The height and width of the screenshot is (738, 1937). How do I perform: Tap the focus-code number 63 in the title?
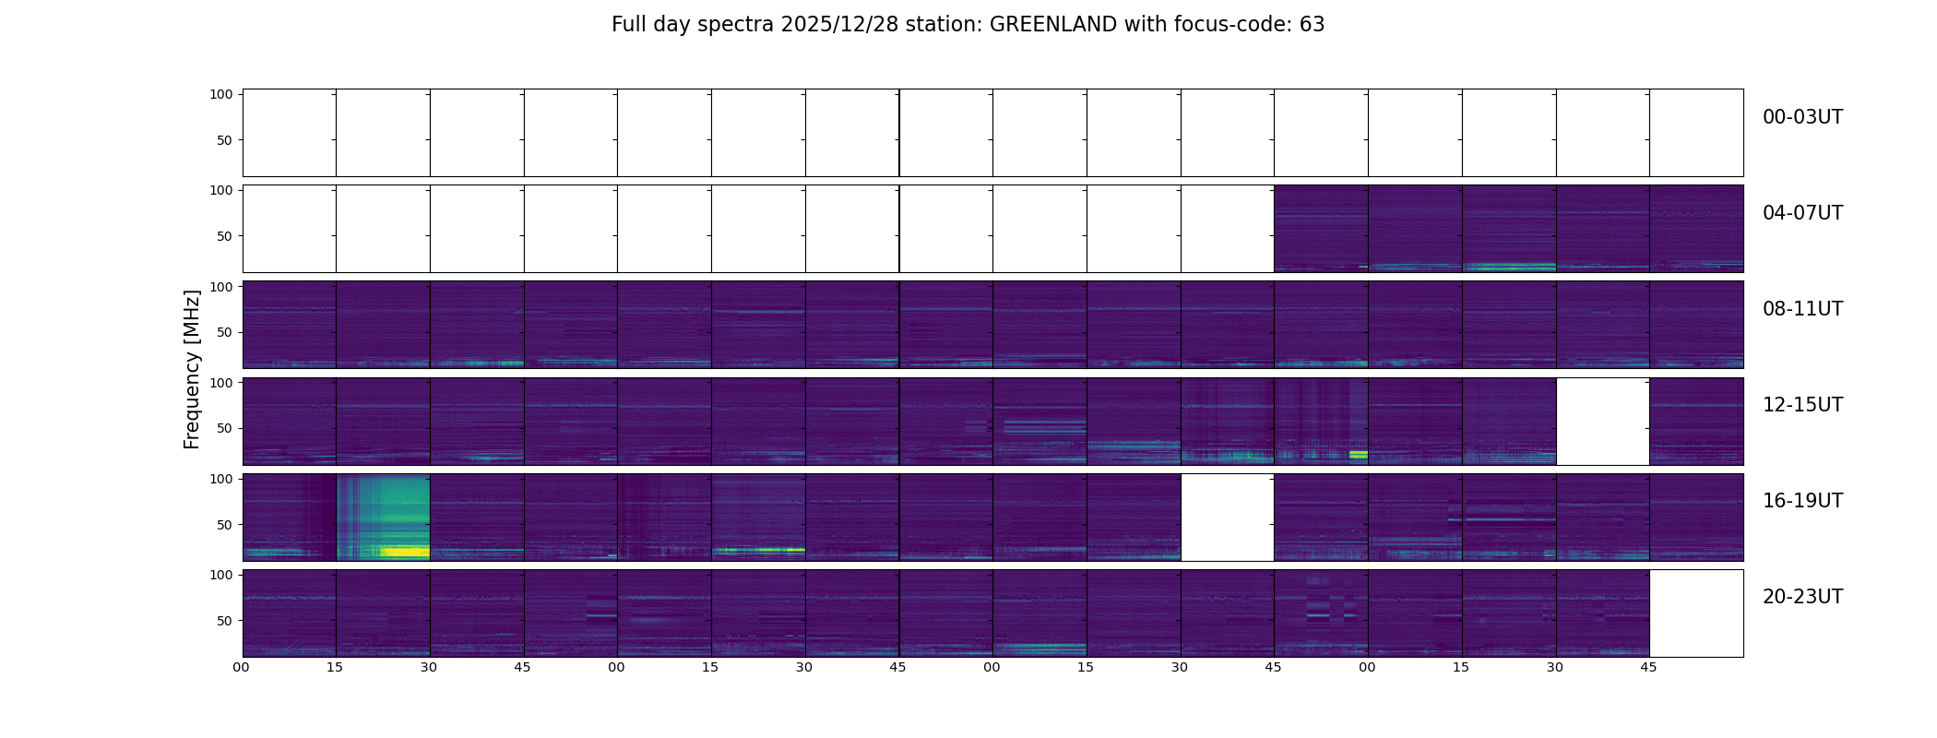[x=1312, y=25]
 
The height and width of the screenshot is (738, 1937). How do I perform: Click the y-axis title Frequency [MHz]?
[x=192, y=369]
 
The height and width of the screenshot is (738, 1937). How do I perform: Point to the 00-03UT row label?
[x=1802, y=117]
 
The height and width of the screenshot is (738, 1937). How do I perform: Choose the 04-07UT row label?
[x=1802, y=213]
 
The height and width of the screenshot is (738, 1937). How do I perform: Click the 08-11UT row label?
[x=1802, y=309]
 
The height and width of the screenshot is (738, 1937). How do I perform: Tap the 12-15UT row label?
[x=1802, y=405]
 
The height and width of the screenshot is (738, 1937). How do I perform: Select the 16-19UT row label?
[x=1802, y=501]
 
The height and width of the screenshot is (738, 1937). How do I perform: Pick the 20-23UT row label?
[x=1802, y=597]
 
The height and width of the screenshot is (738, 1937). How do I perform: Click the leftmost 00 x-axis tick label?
[x=242, y=667]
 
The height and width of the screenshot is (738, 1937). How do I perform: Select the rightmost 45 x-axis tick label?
[x=1648, y=667]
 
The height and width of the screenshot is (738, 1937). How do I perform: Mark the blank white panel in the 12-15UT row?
[x=1602, y=421]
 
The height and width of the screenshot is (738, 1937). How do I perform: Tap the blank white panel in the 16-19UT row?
[x=1227, y=517]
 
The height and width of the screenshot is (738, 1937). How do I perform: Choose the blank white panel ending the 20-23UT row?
[x=1695, y=613]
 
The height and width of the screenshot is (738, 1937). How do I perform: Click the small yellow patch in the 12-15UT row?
[x=1358, y=454]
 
